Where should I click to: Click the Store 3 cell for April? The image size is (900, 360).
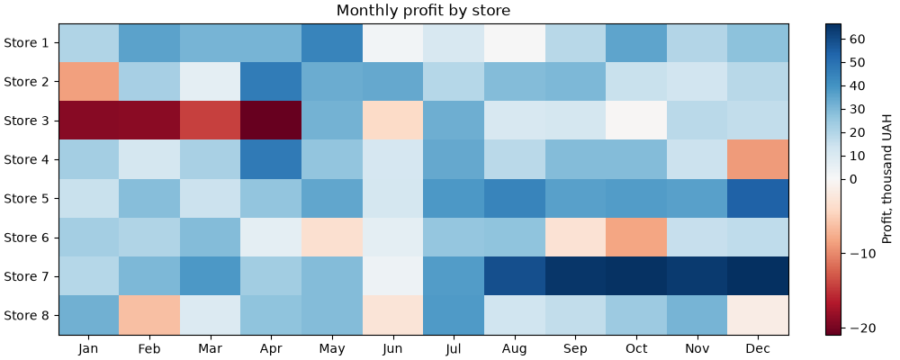271,121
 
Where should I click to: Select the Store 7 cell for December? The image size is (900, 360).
758,276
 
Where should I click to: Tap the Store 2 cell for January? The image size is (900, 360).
88,82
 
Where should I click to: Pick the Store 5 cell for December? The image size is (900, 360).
758,198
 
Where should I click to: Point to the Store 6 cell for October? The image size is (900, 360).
636,237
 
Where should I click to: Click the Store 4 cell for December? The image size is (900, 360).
758,159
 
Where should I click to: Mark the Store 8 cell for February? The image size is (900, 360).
149,315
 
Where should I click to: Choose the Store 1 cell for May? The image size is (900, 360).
332,42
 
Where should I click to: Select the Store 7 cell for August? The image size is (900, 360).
515,276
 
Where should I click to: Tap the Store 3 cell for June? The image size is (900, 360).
393,121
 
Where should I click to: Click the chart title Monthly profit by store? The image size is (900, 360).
424,10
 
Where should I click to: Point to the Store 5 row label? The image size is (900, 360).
29,198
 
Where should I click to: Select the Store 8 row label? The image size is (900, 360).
29,315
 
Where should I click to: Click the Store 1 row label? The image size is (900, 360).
29,42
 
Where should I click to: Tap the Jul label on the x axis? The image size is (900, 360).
454,348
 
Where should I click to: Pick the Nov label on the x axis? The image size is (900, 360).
697,348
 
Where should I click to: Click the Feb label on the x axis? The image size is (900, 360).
149,348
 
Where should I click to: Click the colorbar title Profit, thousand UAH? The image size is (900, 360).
886,179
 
